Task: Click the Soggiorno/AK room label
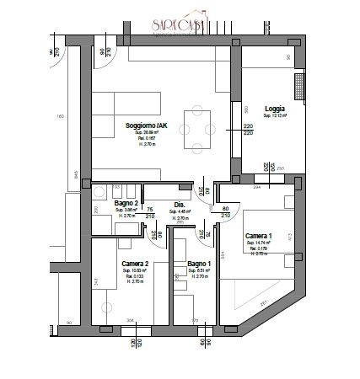(148, 125)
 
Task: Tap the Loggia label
(273, 109)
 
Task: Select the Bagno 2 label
(125, 205)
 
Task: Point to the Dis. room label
(180, 205)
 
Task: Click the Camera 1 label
(258, 236)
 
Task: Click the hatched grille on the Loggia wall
(298, 86)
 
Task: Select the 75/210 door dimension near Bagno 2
(150, 212)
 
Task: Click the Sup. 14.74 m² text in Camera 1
(258, 243)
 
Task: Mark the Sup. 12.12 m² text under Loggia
(274, 116)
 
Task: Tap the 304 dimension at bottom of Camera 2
(129, 320)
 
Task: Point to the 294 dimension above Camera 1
(258, 188)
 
